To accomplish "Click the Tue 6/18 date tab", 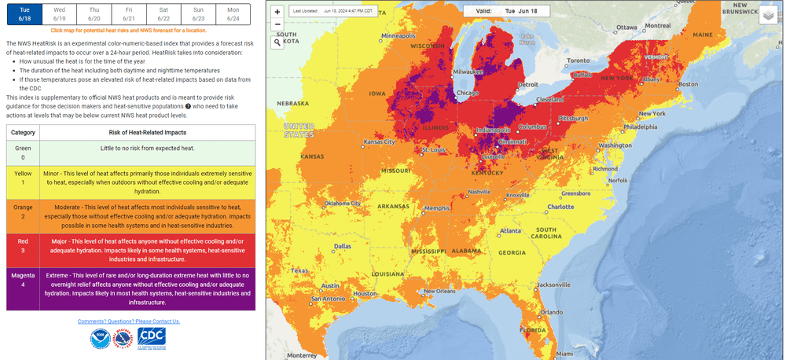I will click(24, 13).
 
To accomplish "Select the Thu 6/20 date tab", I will click(94, 13).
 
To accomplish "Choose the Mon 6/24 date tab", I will click(233, 13).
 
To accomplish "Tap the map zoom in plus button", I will click(277, 13).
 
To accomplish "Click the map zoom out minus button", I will click(277, 24).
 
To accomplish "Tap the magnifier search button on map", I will click(277, 42).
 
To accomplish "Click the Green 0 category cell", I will click(23, 152).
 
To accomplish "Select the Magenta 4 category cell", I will click(23, 288).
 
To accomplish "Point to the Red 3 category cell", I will click(23, 250).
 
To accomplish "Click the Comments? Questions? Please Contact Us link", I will click(129, 321).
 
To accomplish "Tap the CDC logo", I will click(151, 339).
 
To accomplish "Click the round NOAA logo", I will click(99, 339).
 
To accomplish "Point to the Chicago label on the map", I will click(468, 93).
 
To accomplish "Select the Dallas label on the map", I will click(343, 245).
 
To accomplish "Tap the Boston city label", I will click(688, 84).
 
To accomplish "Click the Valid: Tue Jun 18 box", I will click(501, 12).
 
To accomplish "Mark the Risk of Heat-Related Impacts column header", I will click(146, 132).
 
